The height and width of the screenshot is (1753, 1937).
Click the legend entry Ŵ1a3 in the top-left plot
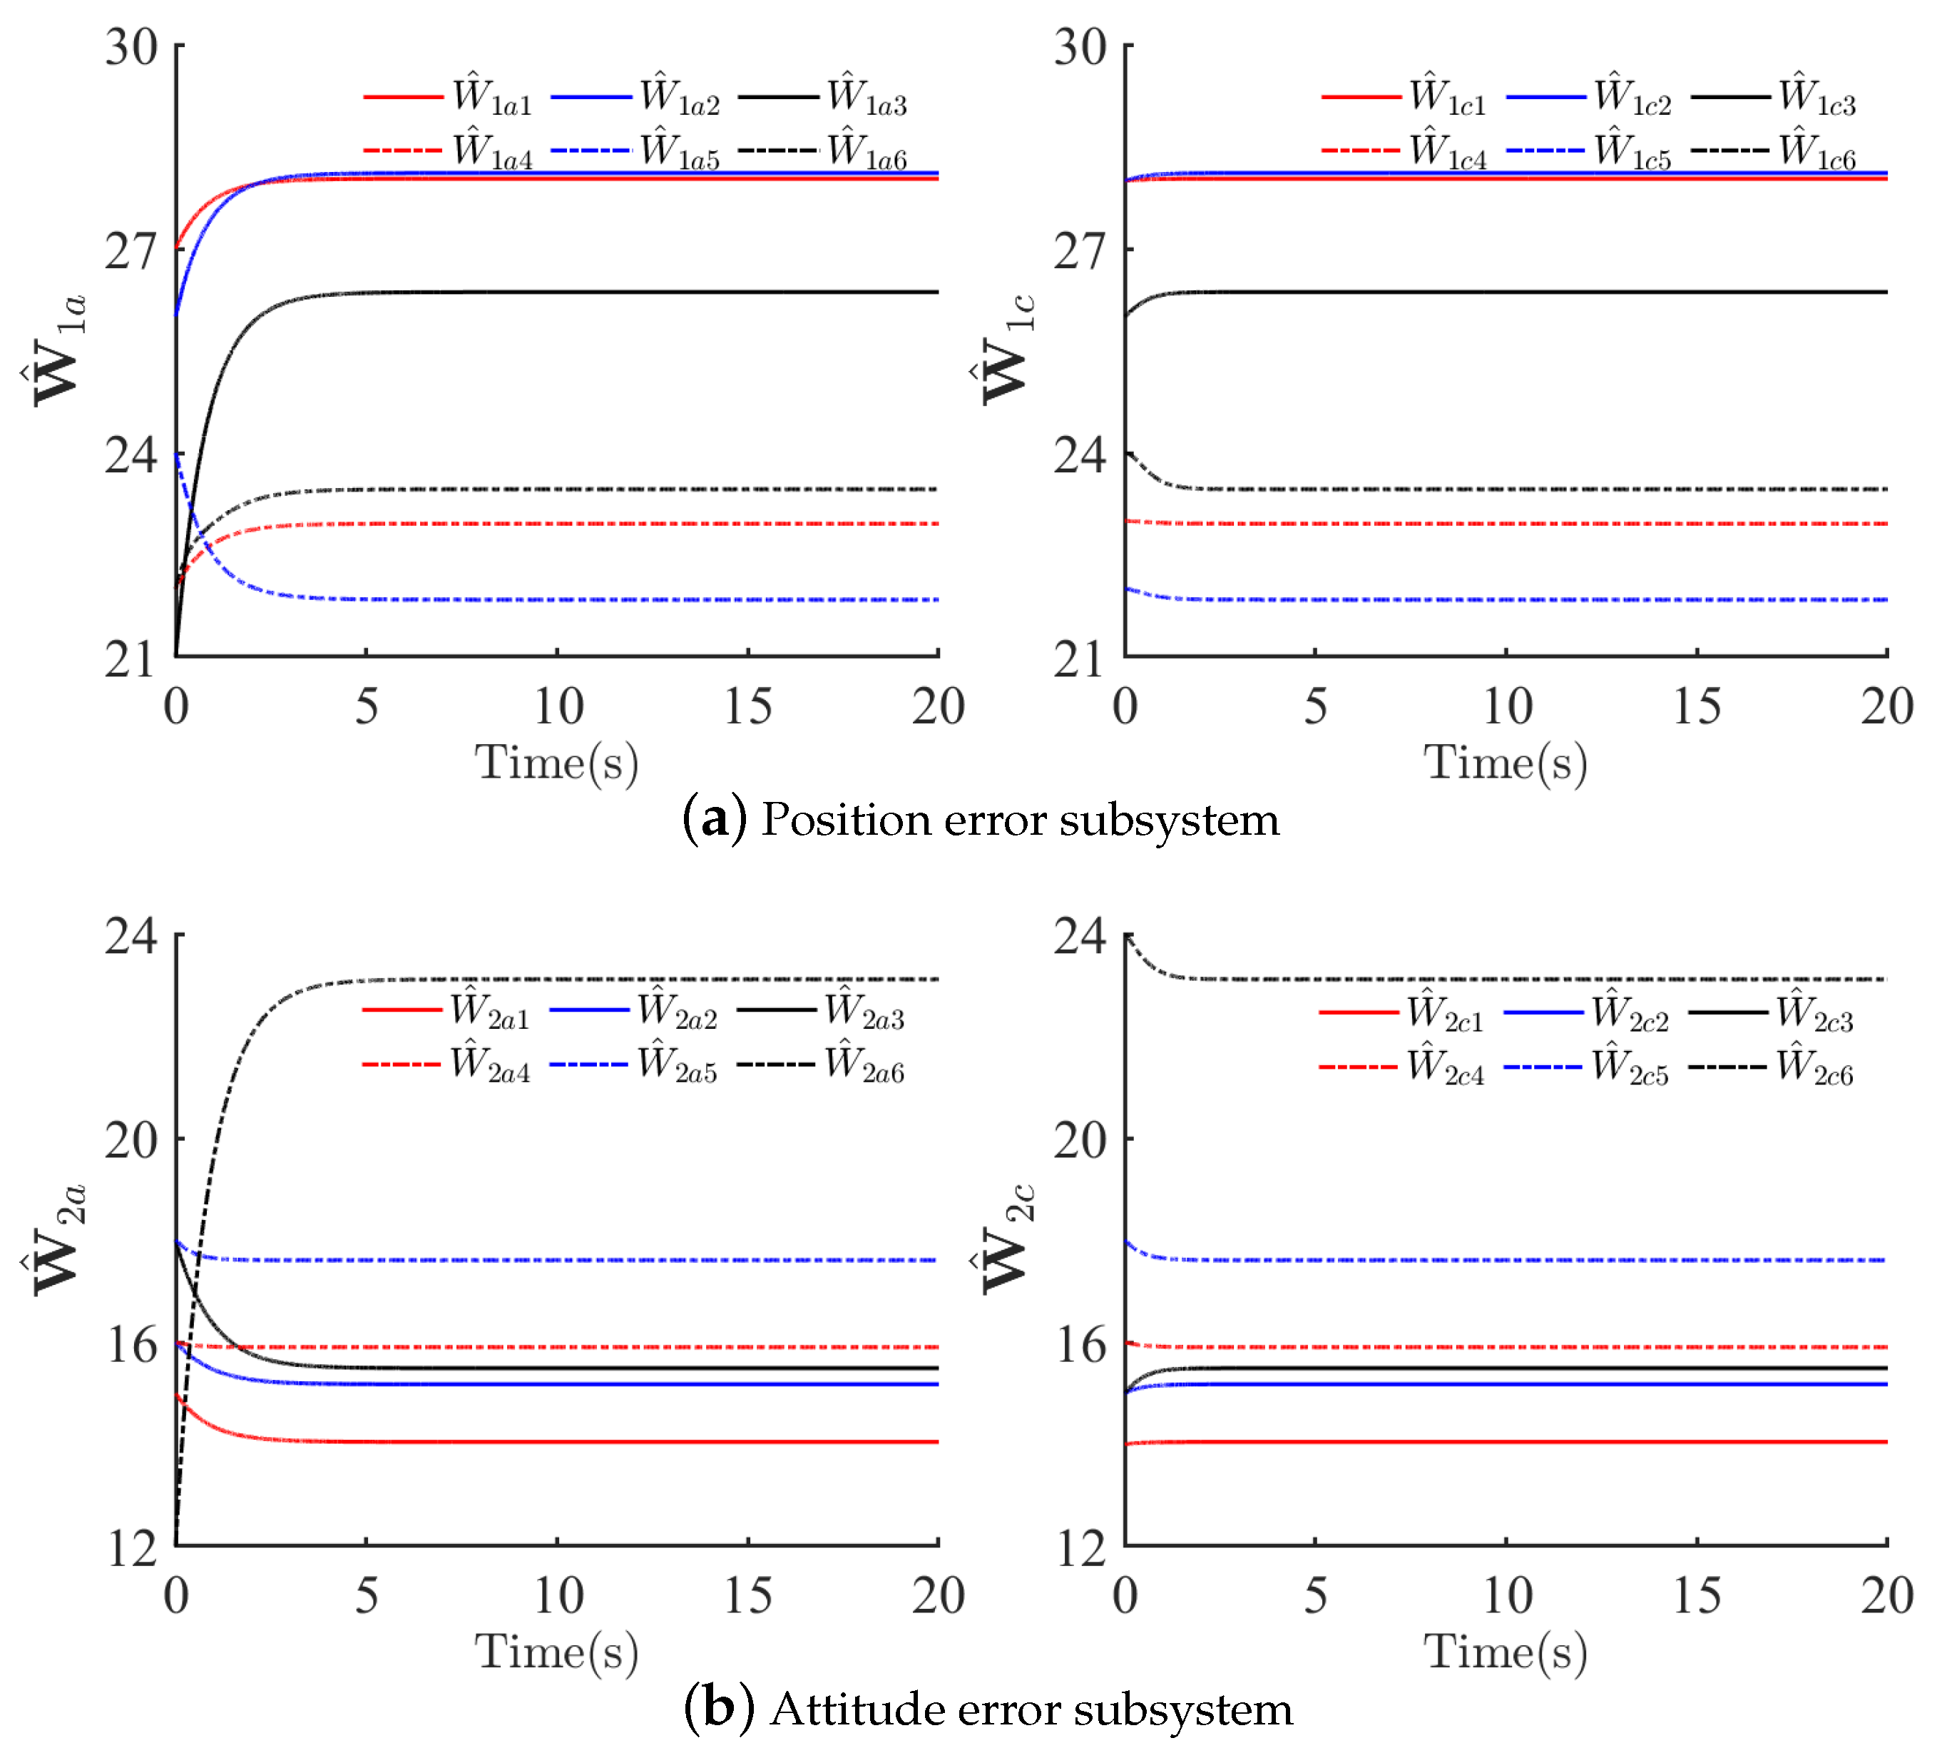tap(867, 97)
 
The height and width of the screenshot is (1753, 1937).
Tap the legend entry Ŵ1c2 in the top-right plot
tap(1632, 97)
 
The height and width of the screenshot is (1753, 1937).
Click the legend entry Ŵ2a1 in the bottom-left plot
tap(490, 1011)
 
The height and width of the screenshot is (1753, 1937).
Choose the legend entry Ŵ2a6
tap(864, 1065)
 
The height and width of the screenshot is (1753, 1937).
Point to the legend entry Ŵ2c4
tap(1445, 1067)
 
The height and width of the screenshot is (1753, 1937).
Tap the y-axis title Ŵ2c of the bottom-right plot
tap(1005, 1240)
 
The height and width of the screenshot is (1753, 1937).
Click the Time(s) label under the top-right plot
tap(1505, 763)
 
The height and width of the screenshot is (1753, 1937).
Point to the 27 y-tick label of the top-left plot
tap(131, 252)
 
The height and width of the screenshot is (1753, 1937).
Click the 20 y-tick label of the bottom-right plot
tap(1080, 1141)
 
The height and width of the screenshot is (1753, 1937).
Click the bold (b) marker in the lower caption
tap(717, 1709)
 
